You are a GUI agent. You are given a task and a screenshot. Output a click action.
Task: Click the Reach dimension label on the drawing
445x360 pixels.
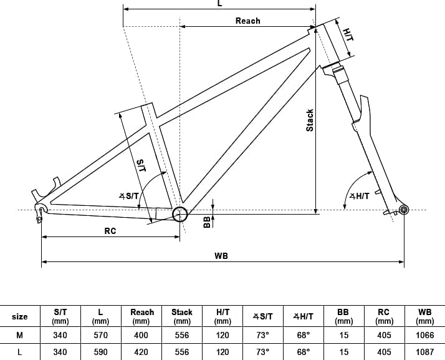248,21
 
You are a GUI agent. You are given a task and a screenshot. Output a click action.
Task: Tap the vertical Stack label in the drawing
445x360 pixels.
310,120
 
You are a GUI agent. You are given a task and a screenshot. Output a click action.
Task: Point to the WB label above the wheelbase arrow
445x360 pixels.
221,256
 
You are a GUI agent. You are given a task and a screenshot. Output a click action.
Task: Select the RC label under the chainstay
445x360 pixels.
110,231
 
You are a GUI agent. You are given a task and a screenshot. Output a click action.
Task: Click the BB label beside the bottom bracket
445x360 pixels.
207,222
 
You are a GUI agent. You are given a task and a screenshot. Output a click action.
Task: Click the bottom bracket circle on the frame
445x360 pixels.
180,214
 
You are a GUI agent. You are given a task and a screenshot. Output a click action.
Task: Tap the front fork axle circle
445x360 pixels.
404,210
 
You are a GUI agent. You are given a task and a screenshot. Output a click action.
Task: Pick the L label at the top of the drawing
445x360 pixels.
219,3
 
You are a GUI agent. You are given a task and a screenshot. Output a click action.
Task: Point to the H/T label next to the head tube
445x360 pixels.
348,35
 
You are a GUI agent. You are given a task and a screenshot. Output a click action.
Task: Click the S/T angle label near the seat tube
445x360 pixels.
129,196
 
